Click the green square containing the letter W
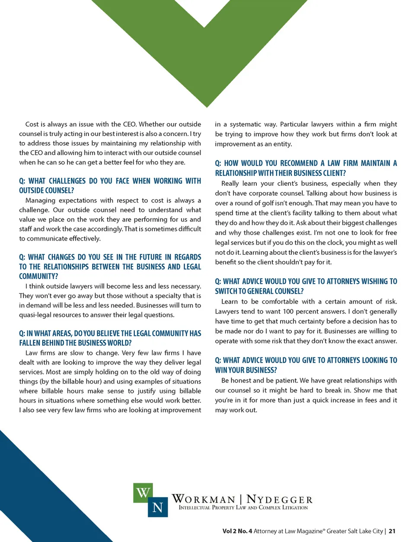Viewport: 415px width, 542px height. click(143, 493)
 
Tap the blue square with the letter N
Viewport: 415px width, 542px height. click(158, 507)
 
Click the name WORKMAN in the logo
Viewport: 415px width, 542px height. click(204, 500)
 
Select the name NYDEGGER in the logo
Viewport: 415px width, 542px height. click(279, 500)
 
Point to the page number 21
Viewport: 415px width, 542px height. click(392, 531)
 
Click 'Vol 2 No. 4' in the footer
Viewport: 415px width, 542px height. click(237, 531)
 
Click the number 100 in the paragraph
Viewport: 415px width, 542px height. click(288, 311)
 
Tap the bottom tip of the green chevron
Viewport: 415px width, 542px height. click(207, 105)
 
